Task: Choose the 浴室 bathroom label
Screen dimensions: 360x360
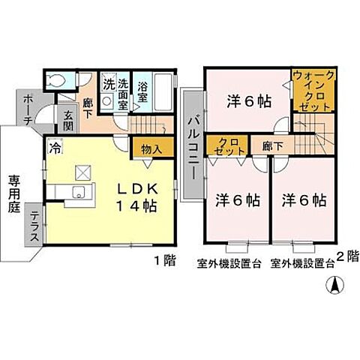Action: [x=145, y=92]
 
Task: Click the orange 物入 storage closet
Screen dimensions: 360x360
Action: [x=148, y=148]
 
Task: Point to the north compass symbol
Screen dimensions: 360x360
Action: [x=334, y=285]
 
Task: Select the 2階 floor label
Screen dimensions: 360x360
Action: [x=348, y=256]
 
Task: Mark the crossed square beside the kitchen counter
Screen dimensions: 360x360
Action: [x=82, y=171]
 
